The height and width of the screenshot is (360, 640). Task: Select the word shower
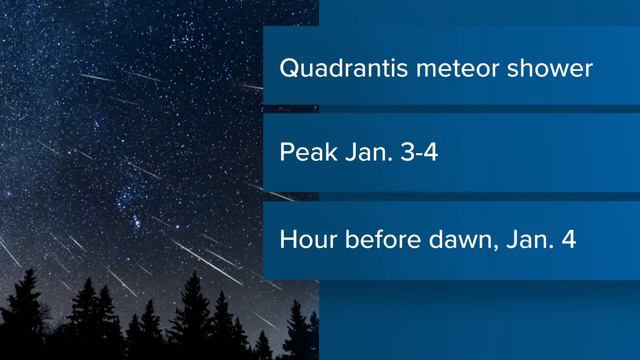pos(547,71)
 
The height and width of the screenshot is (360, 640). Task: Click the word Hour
pos(307,242)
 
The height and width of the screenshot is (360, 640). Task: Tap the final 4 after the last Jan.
pos(569,242)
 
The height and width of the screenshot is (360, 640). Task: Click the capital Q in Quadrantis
pos(289,71)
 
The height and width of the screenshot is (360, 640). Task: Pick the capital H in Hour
pos(289,242)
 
